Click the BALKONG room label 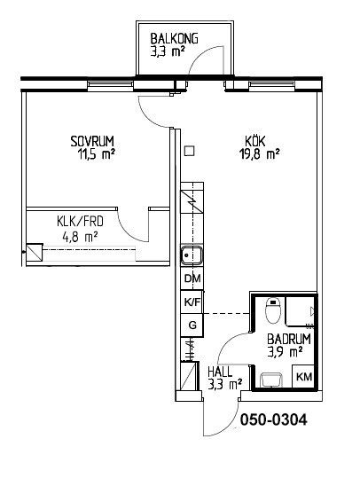(174, 39)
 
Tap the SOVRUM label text (92, 141)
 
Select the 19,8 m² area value (260, 153)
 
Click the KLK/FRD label (80, 222)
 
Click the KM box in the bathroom (304, 377)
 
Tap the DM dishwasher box (192, 278)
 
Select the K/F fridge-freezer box (192, 302)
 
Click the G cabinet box (192, 325)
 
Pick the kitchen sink (192, 255)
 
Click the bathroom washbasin (271, 380)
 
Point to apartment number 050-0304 (274, 419)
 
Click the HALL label (220, 372)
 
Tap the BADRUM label (289, 339)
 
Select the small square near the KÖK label (189, 152)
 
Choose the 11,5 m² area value (97, 154)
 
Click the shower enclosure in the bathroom (301, 311)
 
